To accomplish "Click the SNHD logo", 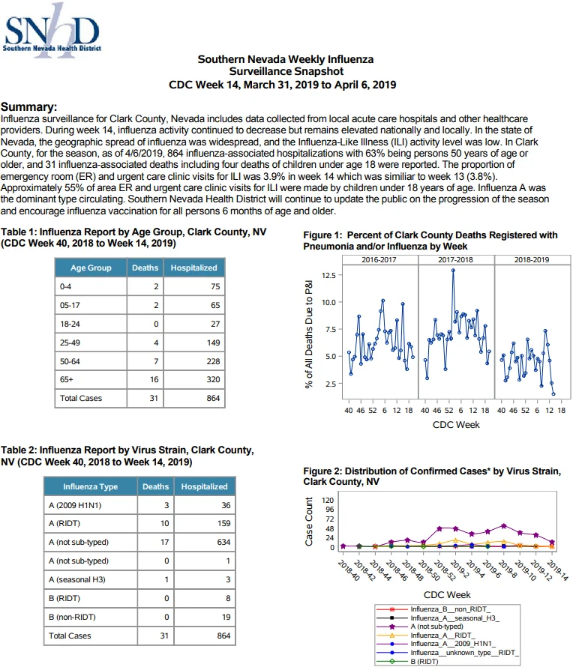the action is coord(52,30).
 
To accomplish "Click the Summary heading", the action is coord(28,107).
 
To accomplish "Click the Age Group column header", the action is coord(91,268).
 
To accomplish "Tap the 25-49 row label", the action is coord(70,342).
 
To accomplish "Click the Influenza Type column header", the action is coord(90,486).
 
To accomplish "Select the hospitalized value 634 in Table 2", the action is coord(223,543).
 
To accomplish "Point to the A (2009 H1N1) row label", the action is coord(75,505).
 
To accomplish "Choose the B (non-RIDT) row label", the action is coord(72,617).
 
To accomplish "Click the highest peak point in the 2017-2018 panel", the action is coord(453,270).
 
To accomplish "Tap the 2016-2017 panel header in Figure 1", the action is coord(379,259).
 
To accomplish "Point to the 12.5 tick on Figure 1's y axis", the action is coord(328,275).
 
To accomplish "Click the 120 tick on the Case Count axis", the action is coord(328,501).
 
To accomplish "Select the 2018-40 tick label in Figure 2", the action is coord(349,570).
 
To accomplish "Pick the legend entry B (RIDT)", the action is coord(424,662).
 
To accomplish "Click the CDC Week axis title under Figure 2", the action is coord(447,595).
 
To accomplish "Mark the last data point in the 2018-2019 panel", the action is coord(553,394).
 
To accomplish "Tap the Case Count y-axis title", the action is coord(309,522).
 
